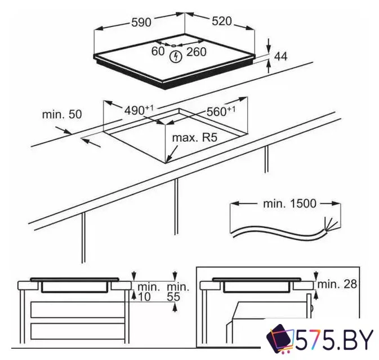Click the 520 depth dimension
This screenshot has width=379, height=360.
click(x=222, y=22)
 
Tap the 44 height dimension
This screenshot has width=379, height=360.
click(x=280, y=56)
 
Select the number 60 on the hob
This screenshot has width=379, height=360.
click(x=158, y=52)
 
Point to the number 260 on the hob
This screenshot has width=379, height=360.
click(x=197, y=52)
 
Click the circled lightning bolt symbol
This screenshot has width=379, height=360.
click(x=177, y=56)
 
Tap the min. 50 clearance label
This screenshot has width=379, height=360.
click(x=62, y=114)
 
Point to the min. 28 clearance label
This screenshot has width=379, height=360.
click(x=336, y=284)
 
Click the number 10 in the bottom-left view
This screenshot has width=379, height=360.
click(x=145, y=296)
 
